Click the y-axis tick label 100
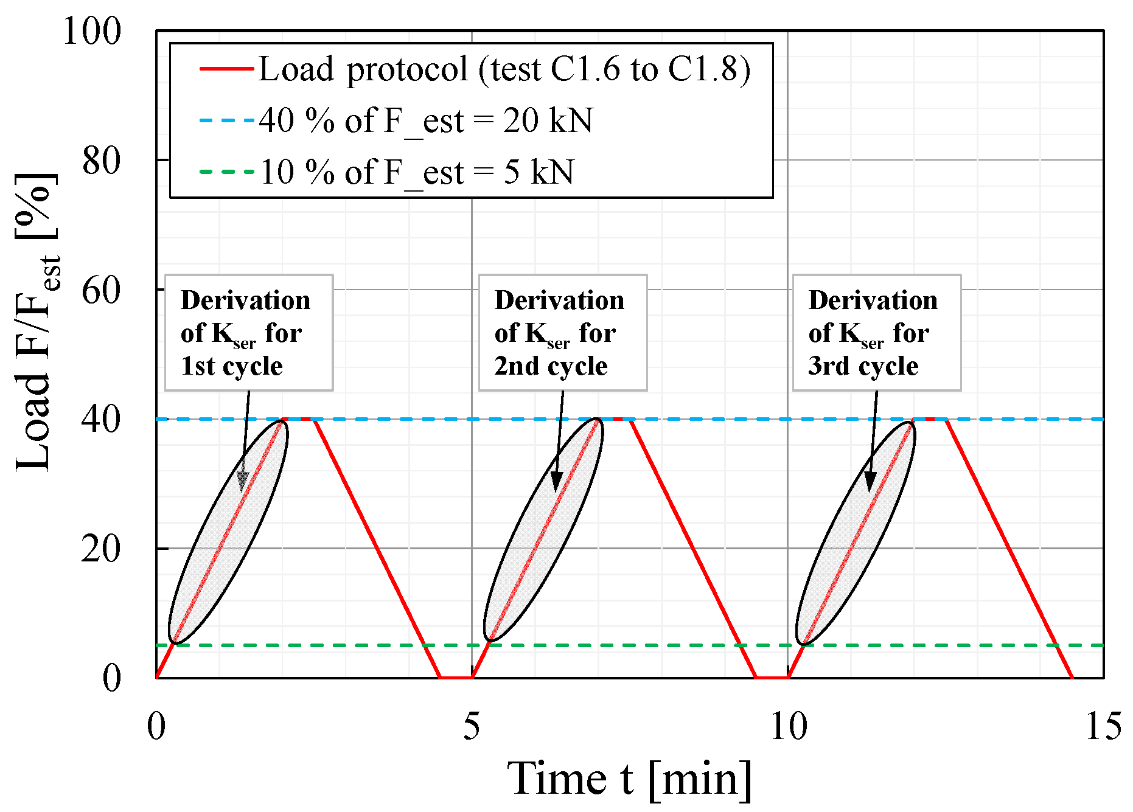[92, 31]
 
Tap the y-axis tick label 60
[101, 290]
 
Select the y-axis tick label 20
[101, 549]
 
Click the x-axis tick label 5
[472, 726]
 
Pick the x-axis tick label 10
[788, 726]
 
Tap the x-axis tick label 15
[1103, 726]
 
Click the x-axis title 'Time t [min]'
[630, 779]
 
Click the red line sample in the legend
[226, 69]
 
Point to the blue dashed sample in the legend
[226, 120]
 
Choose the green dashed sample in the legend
[226, 172]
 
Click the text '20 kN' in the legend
[548, 120]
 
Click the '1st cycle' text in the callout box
[232, 366]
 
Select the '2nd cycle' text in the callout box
[551, 366]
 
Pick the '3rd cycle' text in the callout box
[863, 366]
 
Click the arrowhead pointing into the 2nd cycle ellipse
[556, 482]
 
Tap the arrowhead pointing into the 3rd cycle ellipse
[870, 482]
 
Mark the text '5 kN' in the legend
[539, 172]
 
